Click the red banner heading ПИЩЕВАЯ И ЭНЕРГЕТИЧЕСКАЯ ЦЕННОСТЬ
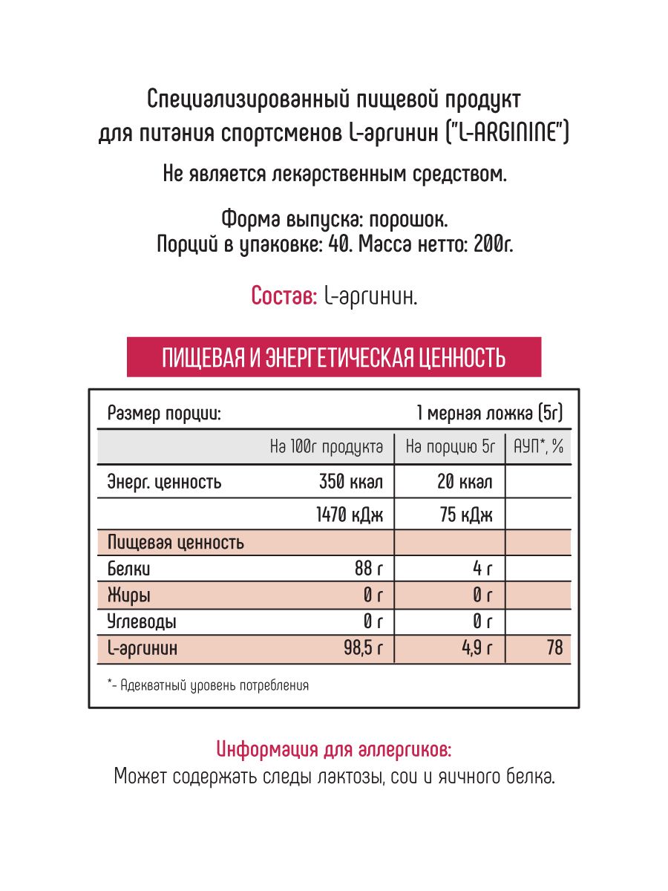(x=333, y=357)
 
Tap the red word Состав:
(x=284, y=296)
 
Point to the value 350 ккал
(x=350, y=483)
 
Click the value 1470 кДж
(x=350, y=515)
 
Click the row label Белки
(x=129, y=569)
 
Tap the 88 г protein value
(x=369, y=569)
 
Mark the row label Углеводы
(x=142, y=621)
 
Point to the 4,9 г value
(x=477, y=648)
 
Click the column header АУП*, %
(x=538, y=447)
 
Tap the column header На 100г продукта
(x=327, y=447)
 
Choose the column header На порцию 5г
(x=450, y=447)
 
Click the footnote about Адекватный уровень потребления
(x=208, y=685)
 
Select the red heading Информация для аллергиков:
(x=333, y=749)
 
